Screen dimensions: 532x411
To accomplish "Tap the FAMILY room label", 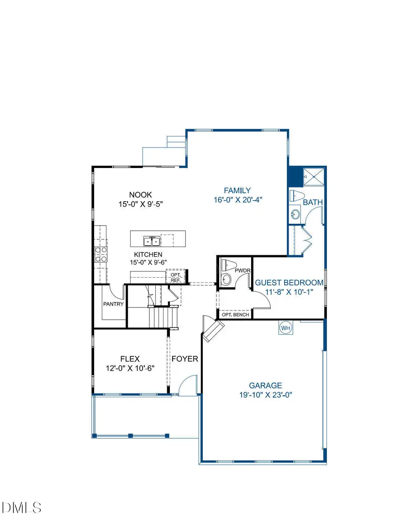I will click(237, 190).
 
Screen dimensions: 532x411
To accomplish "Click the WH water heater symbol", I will click(285, 328).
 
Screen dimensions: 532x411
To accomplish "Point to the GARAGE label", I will click(265, 385).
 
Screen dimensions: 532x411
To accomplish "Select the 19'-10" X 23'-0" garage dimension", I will click(265, 395).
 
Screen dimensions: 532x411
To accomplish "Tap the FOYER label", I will click(185, 359).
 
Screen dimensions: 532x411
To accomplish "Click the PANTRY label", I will click(113, 304).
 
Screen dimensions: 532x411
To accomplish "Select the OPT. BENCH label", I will click(235, 315).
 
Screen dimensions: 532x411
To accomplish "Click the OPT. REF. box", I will click(176, 277).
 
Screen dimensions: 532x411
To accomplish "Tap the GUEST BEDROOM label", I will click(289, 283).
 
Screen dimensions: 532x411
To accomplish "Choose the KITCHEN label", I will click(148, 254).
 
